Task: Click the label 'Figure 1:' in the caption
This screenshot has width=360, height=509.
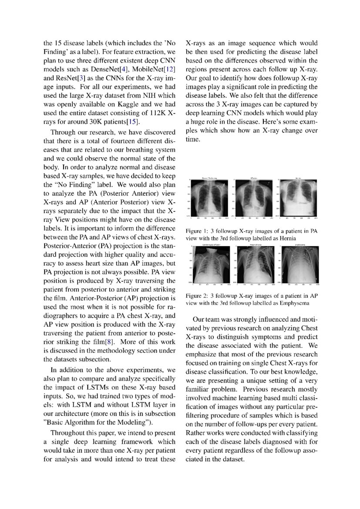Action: tap(198, 231)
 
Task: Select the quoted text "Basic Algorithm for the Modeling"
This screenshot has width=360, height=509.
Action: tap(97, 422)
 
